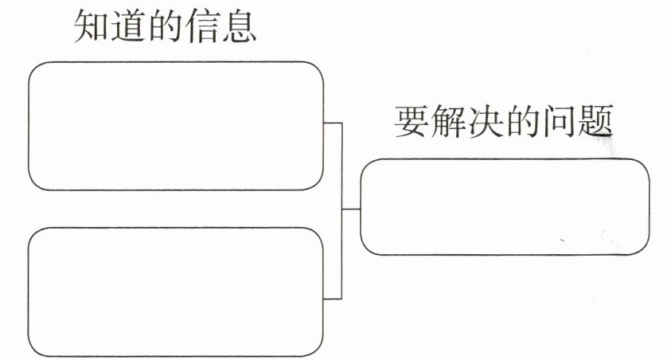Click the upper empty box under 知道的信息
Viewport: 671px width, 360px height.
point(176,126)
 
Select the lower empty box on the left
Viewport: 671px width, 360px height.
point(176,292)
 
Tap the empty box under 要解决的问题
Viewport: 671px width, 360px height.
point(505,207)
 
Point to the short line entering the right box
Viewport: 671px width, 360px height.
point(351,209)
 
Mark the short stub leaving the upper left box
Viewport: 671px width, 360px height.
point(333,123)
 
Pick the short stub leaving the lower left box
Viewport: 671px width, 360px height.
point(333,299)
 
